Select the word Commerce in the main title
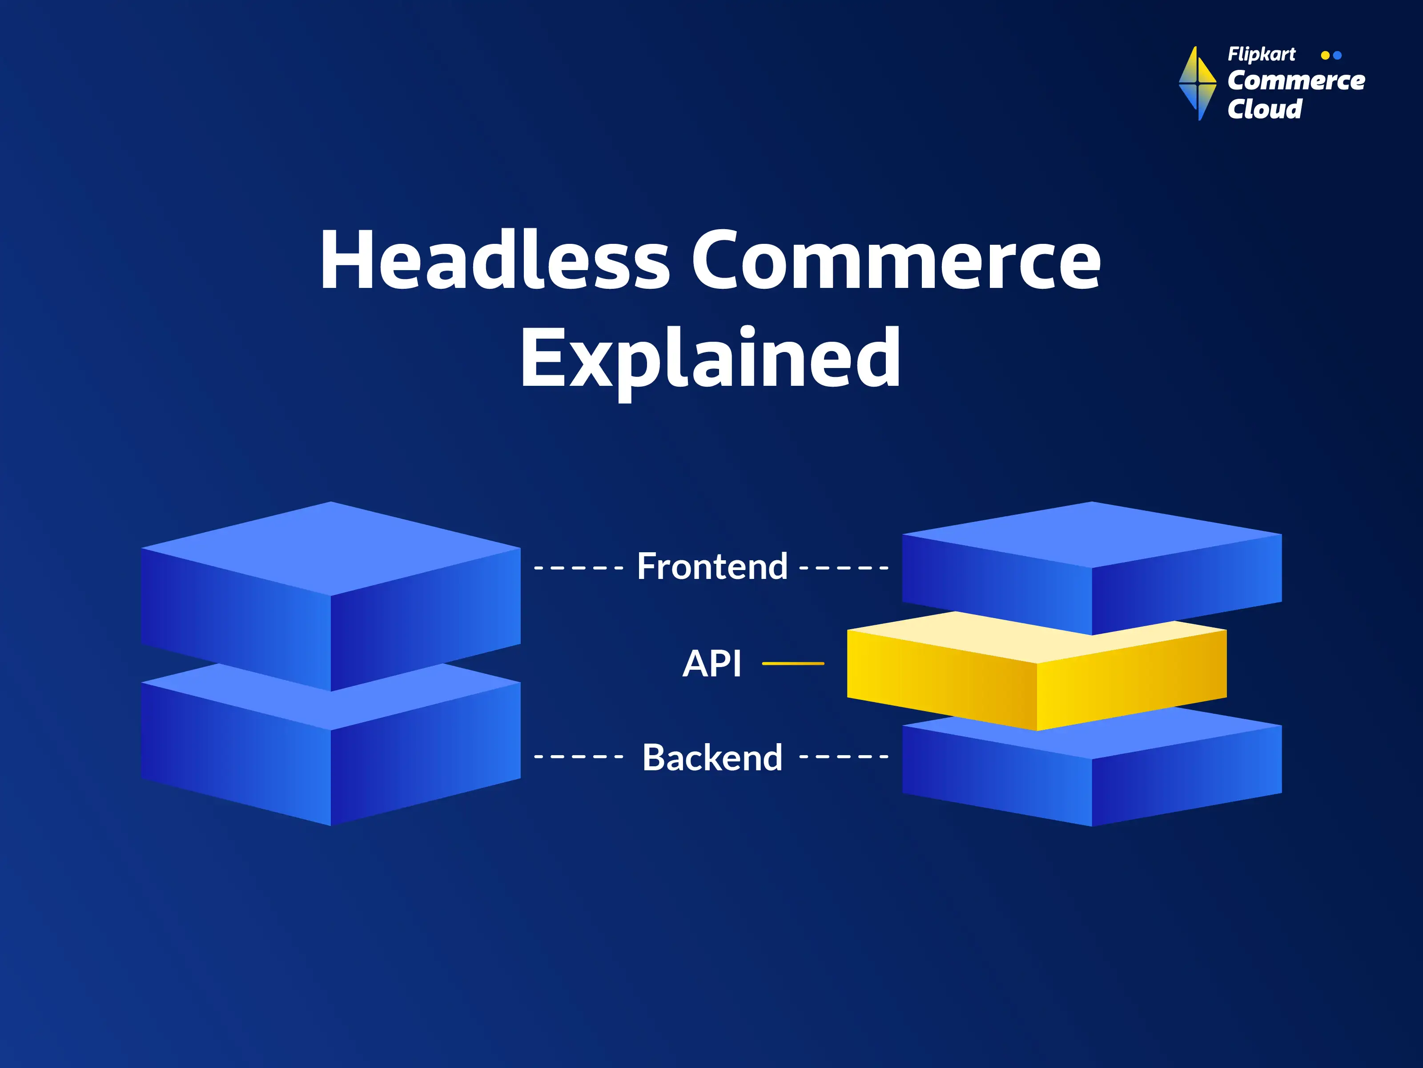pos(896,260)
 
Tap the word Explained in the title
pos(711,361)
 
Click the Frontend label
pos(712,566)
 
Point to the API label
pos(711,663)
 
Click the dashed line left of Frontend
pos(579,568)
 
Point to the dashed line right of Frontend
pos(844,568)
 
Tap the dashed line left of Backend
pos(579,756)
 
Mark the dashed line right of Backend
pos(844,756)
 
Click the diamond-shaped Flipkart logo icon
pos(1197,84)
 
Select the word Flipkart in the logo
pos(1261,55)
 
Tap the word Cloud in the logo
pos(1265,109)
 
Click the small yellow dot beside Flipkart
pos(1325,55)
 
